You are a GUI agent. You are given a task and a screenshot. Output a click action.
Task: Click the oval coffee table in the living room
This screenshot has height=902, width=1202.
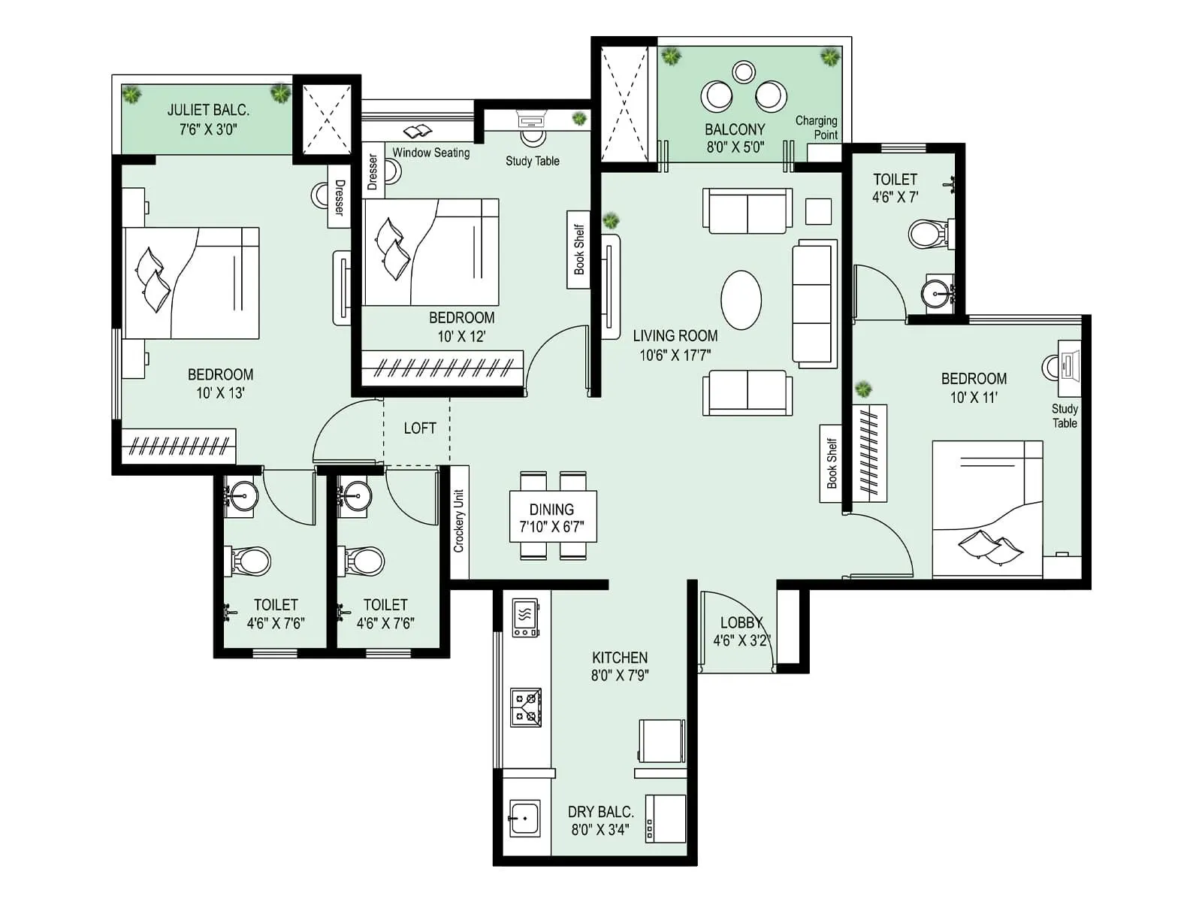(x=741, y=300)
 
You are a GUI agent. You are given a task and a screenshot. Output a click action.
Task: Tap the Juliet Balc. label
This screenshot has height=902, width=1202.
(x=208, y=110)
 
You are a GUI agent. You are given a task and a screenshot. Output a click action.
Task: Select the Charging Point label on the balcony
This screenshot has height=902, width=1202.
(x=817, y=128)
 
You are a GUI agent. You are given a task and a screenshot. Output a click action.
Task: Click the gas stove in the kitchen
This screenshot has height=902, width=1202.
(x=526, y=707)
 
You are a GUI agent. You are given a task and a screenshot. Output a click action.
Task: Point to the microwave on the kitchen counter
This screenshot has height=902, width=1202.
(x=525, y=617)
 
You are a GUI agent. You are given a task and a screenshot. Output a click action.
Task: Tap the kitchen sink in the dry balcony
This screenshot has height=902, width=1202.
(x=524, y=817)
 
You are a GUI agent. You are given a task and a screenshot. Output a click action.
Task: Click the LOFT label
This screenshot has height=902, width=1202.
(x=419, y=428)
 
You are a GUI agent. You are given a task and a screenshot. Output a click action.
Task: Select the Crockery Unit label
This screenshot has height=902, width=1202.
(x=459, y=522)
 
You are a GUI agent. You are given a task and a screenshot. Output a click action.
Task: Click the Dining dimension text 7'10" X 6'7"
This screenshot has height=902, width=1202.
(x=551, y=527)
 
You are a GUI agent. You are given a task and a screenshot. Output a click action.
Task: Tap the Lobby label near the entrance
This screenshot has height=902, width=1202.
(x=741, y=623)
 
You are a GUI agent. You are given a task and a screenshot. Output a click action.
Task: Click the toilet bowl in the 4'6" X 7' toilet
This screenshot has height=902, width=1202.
(x=928, y=234)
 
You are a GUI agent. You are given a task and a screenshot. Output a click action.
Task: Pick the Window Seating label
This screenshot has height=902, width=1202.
(x=430, y=153)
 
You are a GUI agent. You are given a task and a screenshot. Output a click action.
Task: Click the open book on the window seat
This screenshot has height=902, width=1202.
(x=418, y=132)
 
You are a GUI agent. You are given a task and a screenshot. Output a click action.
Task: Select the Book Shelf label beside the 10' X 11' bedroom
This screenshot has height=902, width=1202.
(x=831, y=464)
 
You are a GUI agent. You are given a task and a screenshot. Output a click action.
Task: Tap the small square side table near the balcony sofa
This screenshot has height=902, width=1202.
(x=818, y=211)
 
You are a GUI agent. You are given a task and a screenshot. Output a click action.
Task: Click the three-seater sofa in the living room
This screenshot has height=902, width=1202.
(x=814, y=304)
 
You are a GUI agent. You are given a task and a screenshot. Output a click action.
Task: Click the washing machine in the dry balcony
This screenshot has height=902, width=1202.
(x=666, y=819)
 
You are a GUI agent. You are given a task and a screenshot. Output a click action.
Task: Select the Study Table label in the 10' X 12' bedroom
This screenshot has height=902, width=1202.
(x=532, y=161)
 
